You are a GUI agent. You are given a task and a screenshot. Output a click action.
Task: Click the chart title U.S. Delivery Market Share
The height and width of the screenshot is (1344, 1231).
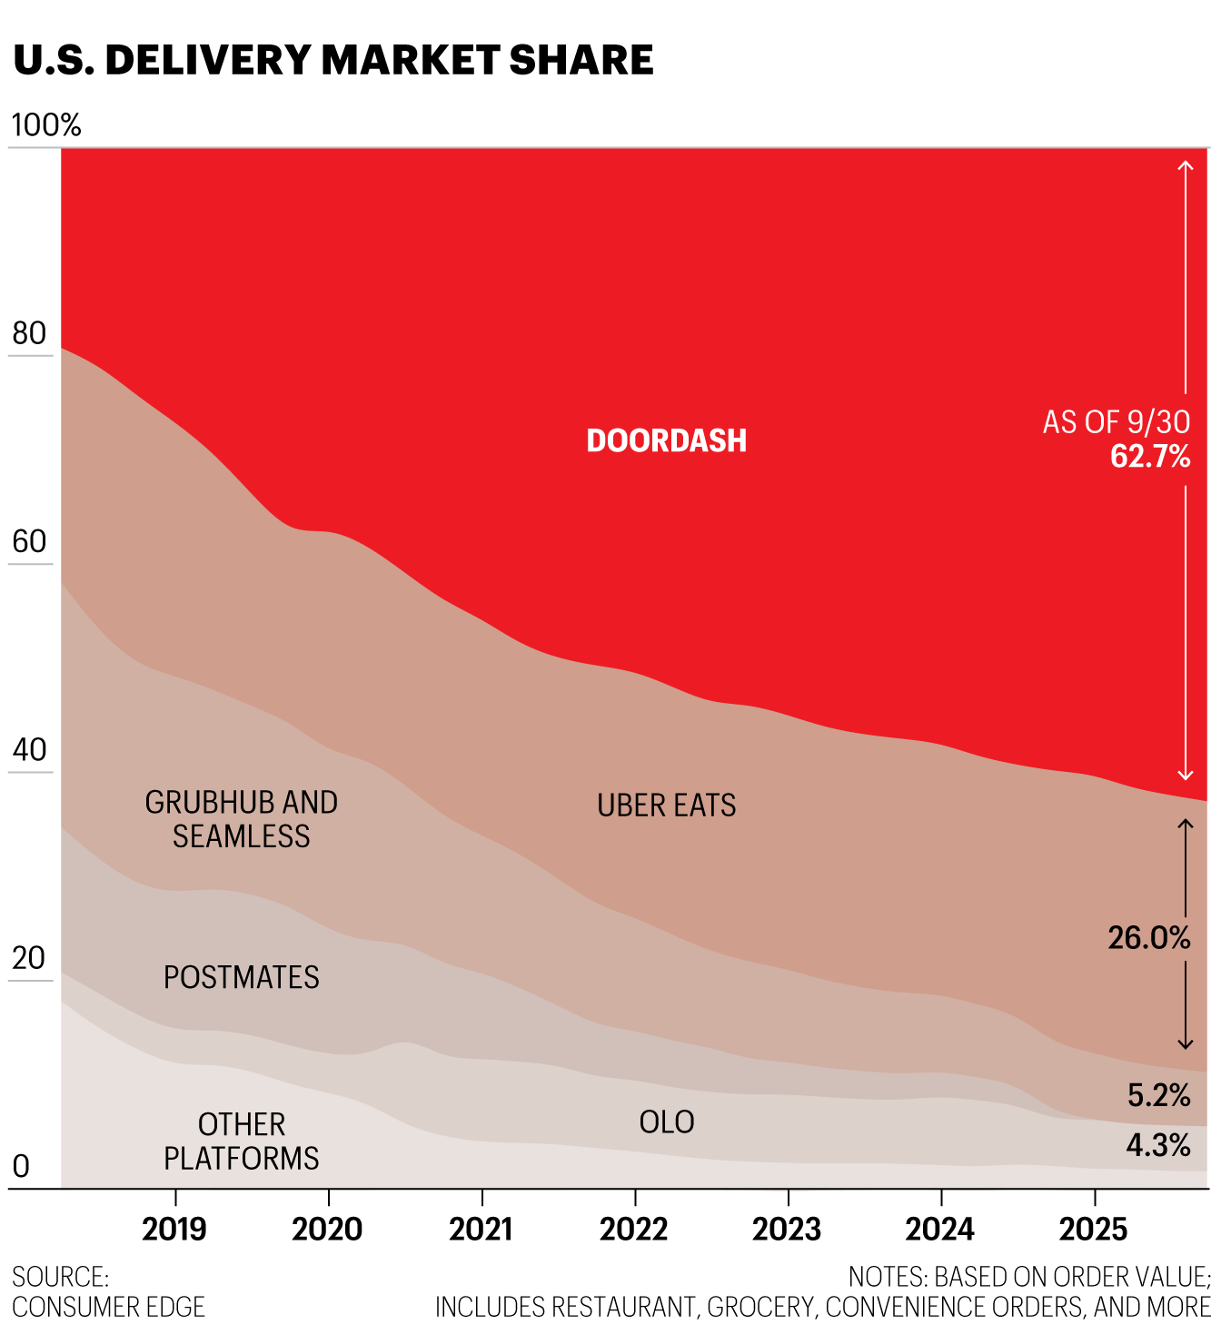pos(333,60)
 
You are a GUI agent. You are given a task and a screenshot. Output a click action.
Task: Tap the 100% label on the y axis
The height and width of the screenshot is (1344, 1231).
pos(46,125)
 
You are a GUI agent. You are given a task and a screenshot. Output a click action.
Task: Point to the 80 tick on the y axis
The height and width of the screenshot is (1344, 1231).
pos(29,333)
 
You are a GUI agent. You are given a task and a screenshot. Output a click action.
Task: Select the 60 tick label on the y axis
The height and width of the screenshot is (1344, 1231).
pos(29,541)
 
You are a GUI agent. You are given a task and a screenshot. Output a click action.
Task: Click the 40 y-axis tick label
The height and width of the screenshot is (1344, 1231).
pos(29,750)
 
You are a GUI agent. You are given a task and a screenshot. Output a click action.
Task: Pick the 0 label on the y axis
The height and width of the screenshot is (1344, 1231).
pos(20,1166)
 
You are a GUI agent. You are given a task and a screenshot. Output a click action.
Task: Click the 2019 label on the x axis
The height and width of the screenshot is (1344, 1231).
pos(174,1230)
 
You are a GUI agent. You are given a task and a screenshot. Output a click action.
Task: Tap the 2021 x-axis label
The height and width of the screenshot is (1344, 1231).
pos(481,1230)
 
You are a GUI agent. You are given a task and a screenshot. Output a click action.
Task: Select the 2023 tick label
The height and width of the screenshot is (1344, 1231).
pos(787,1230)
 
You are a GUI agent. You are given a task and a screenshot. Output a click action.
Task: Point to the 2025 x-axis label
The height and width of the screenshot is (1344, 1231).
pos(1093,1230)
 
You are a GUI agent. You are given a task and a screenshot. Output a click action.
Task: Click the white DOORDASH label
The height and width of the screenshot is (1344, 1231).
pos(667,440)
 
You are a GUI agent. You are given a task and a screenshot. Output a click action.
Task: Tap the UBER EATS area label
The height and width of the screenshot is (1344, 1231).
pos(667,805)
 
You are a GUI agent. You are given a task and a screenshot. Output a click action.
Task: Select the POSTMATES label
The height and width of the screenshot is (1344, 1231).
pos(242,977)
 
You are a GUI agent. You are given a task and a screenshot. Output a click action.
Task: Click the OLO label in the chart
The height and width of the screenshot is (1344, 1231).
pos(667,1122)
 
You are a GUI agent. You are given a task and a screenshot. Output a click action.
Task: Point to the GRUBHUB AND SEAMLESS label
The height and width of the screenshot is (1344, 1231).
pos(242,819)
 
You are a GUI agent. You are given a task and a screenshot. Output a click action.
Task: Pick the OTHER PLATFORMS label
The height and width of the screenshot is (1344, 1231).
pos(242,1141)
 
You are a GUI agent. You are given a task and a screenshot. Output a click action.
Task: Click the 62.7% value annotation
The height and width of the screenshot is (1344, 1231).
pos(1150,456)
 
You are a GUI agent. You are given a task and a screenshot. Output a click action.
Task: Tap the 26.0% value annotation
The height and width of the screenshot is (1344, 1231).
pos(1149,937)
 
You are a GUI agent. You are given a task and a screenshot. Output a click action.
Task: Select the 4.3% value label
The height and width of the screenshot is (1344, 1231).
pos(1158,1145)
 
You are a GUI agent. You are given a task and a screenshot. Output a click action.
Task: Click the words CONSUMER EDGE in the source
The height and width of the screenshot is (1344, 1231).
pos(109,1307)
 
